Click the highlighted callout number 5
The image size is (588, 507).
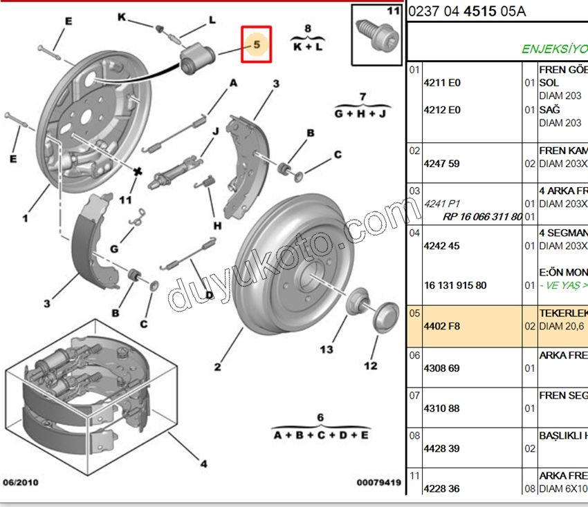coord(256,44)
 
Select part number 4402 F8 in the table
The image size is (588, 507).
coord(440,326)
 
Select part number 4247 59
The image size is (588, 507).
coord(441,164)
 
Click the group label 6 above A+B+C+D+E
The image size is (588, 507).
coord(320,417)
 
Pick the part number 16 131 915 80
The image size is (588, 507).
coord(455,285)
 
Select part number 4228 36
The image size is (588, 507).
coord(441,488)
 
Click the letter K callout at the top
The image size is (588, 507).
coord(122,17)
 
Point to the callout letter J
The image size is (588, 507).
coord(216,131)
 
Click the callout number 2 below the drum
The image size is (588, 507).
coord(218,367)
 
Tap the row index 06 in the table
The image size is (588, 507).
coord(414,355)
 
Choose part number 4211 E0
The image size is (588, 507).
coord(441,83)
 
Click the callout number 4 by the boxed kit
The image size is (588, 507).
coord(203,464)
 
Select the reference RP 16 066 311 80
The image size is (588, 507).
coord(483,216)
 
